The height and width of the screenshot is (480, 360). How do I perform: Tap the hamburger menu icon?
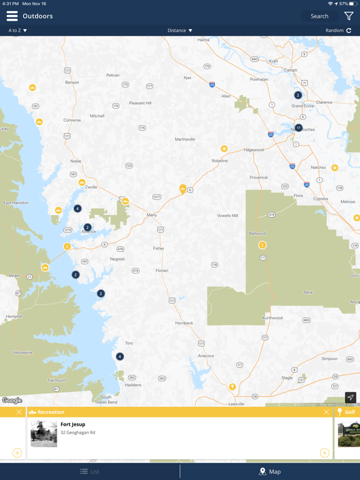coord(12,16)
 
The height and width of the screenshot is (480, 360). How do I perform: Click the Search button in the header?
coord(319,16)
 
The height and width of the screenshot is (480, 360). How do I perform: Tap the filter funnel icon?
coord(349,16)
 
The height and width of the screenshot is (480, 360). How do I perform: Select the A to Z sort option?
coord(17,31)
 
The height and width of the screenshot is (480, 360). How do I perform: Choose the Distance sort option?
coord(180,31)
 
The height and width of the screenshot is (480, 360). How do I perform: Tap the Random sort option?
coord(338,31)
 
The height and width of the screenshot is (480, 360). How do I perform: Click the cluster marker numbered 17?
coord(299,128)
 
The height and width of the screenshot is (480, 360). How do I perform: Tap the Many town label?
coord(151,215)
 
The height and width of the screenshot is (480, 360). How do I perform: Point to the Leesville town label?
coord(236,404)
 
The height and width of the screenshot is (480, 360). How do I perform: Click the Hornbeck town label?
coord(184,323)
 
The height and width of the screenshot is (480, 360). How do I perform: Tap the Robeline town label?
coord(219,161)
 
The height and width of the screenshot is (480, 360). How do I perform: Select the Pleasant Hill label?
coord(140,103)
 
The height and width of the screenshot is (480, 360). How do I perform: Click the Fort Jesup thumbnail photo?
coord(44,434)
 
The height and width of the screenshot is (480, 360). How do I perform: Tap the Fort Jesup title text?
coord(72,424)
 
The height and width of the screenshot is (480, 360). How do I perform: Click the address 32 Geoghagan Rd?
coord(77,432)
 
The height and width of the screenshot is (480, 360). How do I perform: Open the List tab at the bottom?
coord(90,471)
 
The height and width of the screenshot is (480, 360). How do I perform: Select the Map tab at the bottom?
coord(270,471)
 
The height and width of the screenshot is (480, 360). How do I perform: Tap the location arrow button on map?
coord(351,397)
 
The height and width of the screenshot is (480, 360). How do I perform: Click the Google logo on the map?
coord(12,401)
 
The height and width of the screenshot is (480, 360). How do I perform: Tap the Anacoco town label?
coord(206,356)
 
